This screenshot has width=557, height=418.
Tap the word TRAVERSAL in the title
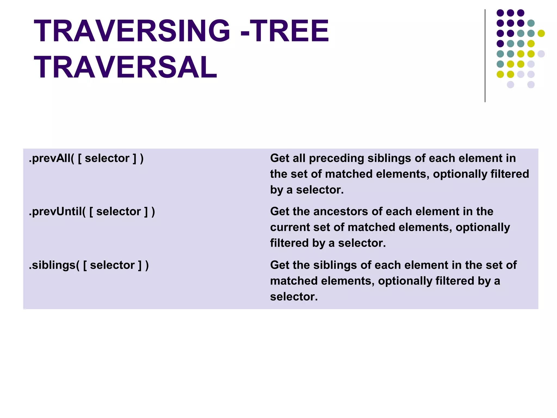coord(125,67)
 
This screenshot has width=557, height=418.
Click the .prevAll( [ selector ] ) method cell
coord(86,158)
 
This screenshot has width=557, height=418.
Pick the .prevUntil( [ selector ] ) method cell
coord(92,212)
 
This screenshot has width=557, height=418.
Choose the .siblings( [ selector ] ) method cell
coord(89,265)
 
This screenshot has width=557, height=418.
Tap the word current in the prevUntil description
coord(290,228)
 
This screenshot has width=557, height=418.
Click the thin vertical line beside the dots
coord(485,56)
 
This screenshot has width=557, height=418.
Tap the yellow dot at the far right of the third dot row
coord(541,33)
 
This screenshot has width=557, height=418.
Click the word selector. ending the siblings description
coord(294,297)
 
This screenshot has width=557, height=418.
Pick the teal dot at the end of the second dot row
coord(531,23)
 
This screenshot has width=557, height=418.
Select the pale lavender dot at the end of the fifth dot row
coord(541,54)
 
